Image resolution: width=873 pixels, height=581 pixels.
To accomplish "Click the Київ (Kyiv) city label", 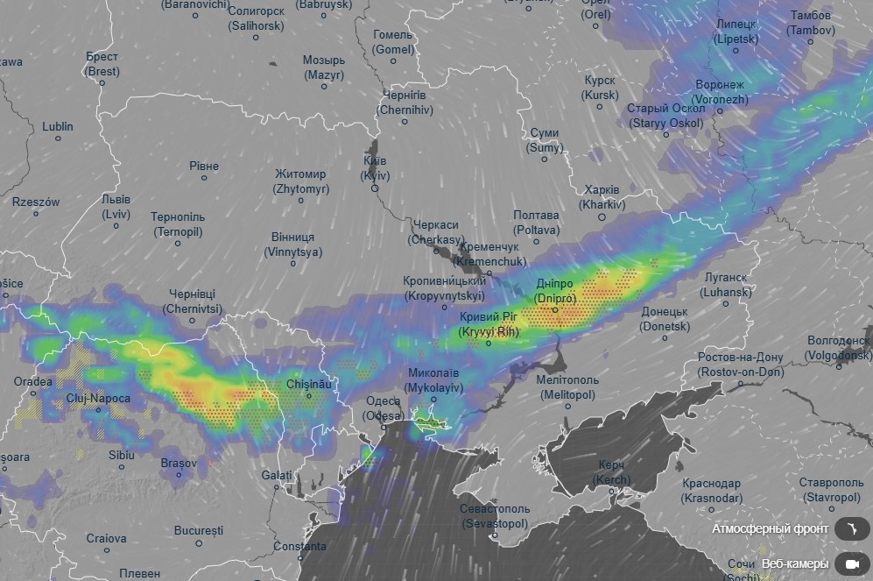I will pyautogui.click(x=375, y=168).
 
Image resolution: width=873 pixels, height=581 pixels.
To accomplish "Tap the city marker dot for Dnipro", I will pyautogui.click(x=554, y=309).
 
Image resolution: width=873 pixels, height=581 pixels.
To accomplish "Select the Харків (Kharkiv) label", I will pyautogui.click(x=602, y=197).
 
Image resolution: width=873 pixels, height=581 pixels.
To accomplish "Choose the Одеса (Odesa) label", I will pyautogui.click(x=384, y=408).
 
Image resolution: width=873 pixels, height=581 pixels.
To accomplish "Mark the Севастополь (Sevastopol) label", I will pyautogui.click(x=495, y=516).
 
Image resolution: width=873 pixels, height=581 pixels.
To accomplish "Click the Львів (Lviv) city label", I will pyautogui.click(x=115, y=206).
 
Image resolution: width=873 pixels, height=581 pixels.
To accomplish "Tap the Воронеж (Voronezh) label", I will pyautogui.click(x=720, y=92).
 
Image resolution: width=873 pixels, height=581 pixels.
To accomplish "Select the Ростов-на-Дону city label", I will pyautogui.click(x=741, y=364).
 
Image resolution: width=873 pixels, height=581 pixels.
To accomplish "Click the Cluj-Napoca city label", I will pyautogui.click(x=98, y=399).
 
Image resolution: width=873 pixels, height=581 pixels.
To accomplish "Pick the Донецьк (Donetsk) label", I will pyautogui.click(x=665, y=319).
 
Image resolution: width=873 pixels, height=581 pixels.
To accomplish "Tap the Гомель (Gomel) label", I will pyautogui.click(x=392, y=42).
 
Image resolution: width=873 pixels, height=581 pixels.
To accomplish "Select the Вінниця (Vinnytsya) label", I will pyautogui.click(x=292, y=244).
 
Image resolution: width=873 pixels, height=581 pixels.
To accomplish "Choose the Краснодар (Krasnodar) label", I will pyautogui.click(x=711, y=491).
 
